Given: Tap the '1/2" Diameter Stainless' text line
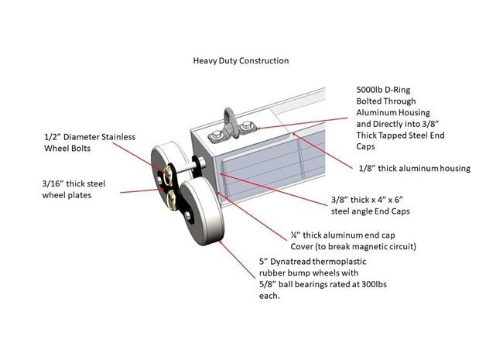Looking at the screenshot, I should coord(90,137).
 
